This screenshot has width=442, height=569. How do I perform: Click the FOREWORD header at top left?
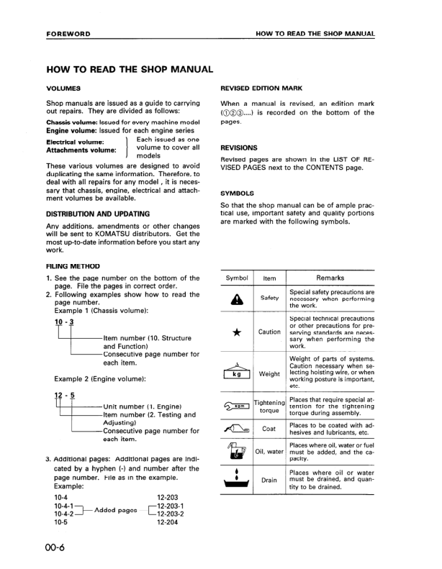[x=68, y=34]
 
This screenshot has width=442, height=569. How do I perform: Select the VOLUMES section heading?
[x=63, y=88]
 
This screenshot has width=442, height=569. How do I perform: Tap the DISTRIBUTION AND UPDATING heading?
[x=98, y=214]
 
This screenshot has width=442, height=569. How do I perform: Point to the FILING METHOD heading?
[x=73, y=266]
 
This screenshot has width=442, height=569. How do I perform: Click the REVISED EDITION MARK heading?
[x=261, y=88]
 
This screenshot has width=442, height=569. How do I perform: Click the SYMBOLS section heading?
[x=238, y=194]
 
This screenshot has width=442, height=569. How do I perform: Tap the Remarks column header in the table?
[x=330, y=278]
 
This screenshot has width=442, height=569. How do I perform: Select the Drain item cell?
[x=269, y=480]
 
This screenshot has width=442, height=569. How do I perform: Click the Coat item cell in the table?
[x=269, y=429]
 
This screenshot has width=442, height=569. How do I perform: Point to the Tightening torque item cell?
[x=269, y=406]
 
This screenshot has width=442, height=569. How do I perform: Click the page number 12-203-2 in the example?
[x=171, y=514]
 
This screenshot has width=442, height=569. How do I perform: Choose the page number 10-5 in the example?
[x=61, y=523]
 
